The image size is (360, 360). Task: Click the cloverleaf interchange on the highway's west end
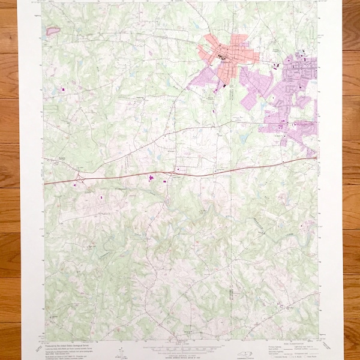(79, 178)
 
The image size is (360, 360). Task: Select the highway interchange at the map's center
(173, 173)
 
